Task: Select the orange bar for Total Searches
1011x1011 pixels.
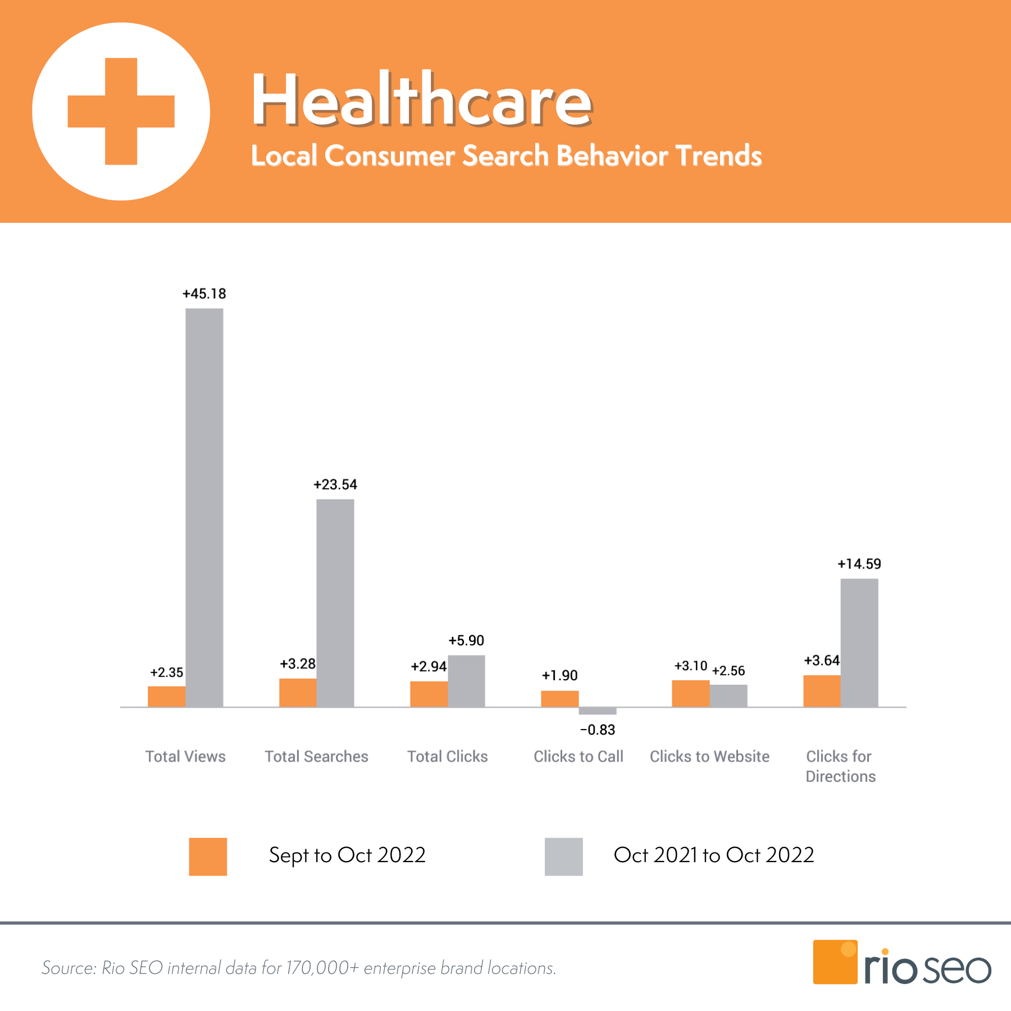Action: coord(298,693)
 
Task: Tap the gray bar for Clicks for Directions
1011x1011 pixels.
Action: coord(859,643)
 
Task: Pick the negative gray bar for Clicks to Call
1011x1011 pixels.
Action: coord(598,711)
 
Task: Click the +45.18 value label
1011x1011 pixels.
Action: coord(204,294)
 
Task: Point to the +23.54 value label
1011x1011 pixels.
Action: coord(335,485)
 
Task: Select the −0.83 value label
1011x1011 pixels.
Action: coord(598,730)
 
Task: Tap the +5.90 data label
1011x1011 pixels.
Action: coord(466,641)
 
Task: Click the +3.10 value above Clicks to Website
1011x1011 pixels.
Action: coord(691,666)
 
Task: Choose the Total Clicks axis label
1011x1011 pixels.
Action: coord(448,757)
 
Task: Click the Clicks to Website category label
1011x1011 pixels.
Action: coord(709,757)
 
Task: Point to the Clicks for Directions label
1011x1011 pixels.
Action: coord(840,766)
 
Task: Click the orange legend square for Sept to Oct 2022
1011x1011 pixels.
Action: coord(208,857)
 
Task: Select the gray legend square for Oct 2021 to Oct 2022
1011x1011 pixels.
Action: coord(563,857)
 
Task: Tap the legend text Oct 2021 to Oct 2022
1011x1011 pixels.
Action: coord(713,855)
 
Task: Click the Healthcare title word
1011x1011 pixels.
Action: coord(421,100)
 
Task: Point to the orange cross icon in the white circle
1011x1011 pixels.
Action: coord(121,111)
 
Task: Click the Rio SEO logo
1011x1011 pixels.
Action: coord(902,962)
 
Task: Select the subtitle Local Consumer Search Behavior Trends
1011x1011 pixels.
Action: coord(506,156)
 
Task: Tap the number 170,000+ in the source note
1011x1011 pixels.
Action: coord(322,968)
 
